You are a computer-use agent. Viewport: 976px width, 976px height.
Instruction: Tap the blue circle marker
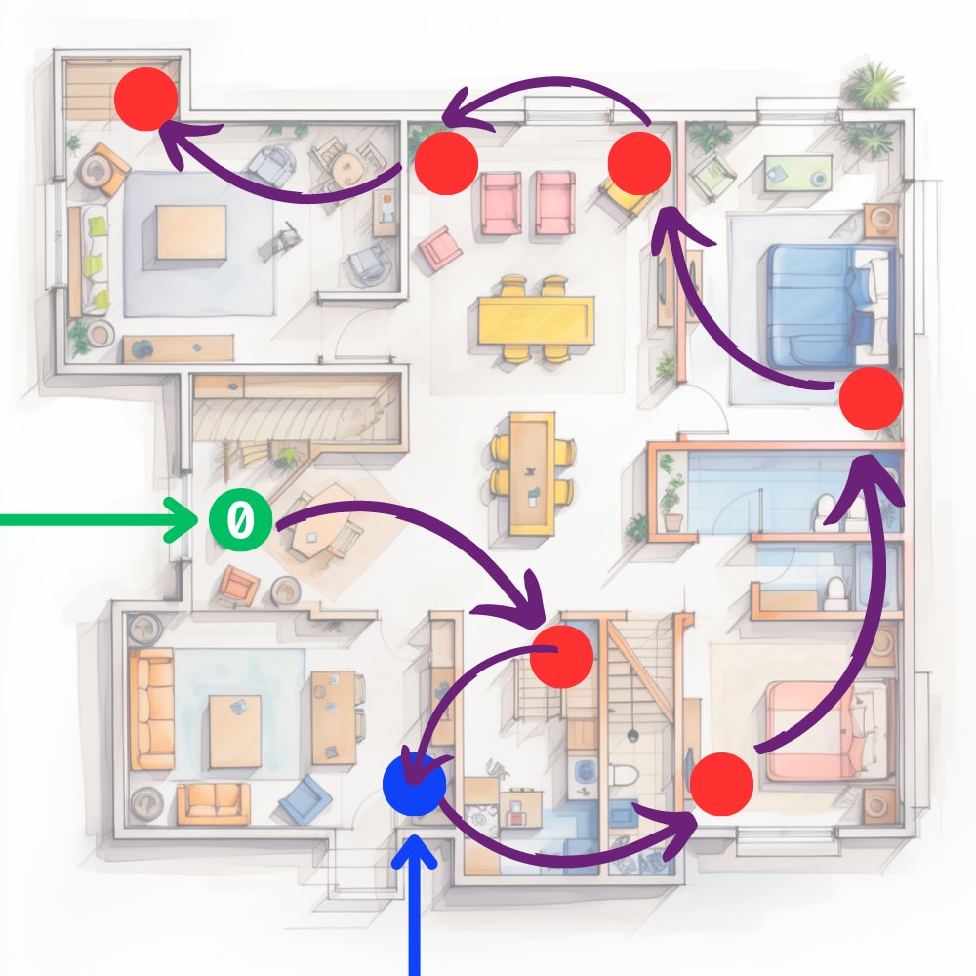tap(415, 783)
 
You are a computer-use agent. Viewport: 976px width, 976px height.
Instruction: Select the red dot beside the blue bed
tap(871, 398)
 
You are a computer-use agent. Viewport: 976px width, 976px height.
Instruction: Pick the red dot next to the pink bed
tap(721, 784)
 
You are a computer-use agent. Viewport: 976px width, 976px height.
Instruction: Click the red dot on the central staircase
tap(561, 655)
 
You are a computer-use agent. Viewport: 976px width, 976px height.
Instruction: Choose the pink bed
tap(830, 730)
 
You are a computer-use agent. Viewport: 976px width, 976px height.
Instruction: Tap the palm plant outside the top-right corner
tap(872, 86)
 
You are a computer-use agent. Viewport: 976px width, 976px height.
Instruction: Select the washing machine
tap(586, 771)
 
